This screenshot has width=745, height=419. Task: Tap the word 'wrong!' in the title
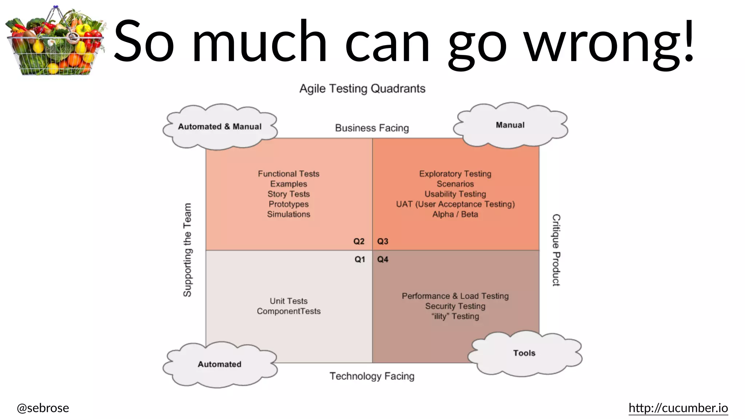point(609,42)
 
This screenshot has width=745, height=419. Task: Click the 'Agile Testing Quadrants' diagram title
point(362,88)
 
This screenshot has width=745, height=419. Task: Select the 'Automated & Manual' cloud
point(220,127)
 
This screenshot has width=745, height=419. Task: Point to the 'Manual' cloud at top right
point(510,125)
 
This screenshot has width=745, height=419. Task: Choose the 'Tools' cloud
point(524,353)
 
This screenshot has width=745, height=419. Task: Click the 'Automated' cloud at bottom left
point(219,364)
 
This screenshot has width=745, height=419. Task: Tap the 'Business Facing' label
point(372,128)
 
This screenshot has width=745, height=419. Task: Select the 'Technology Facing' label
point(372,376)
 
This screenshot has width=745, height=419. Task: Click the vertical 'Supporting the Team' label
point(187,250)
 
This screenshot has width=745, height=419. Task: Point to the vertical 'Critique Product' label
point(556,250)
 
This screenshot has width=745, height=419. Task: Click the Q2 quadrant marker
point(359,242)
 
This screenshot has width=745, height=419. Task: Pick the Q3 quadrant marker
point(383,242)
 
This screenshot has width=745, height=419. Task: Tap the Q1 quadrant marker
point(359,259)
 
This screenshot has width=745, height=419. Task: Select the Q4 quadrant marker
point(383,259)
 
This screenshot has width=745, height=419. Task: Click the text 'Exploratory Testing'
point(455,174)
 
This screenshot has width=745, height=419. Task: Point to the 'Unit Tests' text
point(288,301)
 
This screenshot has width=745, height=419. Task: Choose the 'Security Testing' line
point(455,306)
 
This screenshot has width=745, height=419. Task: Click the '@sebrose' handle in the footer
point(43,408)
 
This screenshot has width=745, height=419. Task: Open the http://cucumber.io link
point(678,408)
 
